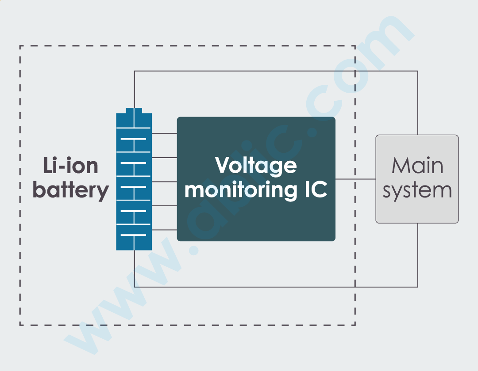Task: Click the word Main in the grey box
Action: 417,166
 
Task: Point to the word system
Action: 417,191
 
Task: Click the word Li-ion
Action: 71,166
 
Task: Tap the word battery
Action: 71,190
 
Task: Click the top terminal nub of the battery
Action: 134,110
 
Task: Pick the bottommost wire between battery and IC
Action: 164,230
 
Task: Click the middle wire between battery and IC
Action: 164,182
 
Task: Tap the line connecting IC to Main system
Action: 355,179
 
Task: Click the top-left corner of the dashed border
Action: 20,46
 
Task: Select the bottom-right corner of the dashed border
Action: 355,325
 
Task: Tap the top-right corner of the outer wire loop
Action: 418,71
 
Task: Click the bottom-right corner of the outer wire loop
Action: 418,287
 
